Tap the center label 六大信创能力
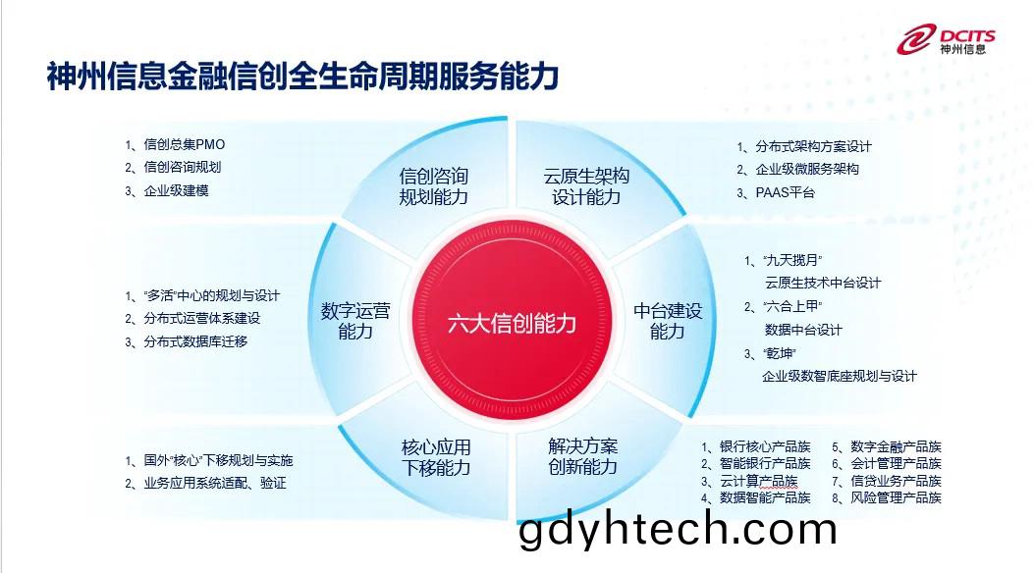(512, 324)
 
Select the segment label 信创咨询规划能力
(433, 186)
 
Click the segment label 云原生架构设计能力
(586, 186)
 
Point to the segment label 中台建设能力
(668, 321)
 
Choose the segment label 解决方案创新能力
(583, 456)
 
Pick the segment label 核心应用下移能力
(436, 458)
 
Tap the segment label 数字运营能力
(355, 321)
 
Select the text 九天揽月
(792, 260)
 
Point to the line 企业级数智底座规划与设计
(840, 376)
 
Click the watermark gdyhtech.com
(678, 530)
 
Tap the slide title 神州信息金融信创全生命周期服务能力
(302, 76)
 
